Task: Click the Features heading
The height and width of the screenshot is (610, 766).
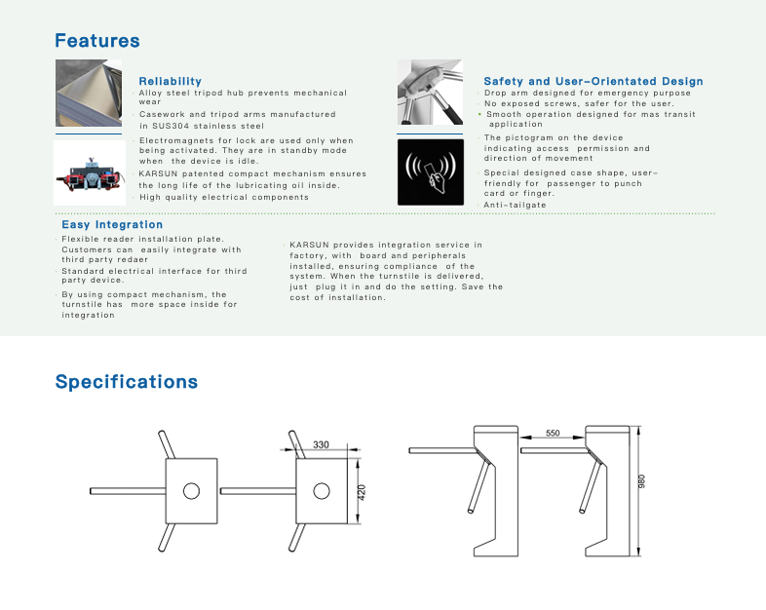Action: [97, 41]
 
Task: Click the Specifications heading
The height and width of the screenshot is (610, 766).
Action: [127, 381]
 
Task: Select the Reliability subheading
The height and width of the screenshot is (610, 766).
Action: [171, 81]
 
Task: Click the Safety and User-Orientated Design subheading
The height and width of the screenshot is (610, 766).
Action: [593, 81]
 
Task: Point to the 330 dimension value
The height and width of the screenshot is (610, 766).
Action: [321, 444]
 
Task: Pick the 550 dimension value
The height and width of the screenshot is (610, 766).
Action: [553, 433]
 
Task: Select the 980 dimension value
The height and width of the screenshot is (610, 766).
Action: [641, 482]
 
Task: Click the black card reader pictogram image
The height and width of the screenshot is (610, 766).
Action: [430, 172]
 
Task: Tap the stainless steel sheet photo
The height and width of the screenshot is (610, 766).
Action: [88, 94]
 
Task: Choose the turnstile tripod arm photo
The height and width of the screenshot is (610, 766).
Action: [430, 93]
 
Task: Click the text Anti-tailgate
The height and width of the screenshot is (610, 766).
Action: [516, 205]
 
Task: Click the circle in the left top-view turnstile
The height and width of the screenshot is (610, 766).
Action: [191, 489]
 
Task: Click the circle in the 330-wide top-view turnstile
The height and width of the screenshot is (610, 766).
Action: [321, 490]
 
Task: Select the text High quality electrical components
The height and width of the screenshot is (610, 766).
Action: [224, 197]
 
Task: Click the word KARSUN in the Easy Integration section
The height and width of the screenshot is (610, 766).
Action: [308, 245]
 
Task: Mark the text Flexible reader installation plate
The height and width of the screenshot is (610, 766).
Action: [143, 239]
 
